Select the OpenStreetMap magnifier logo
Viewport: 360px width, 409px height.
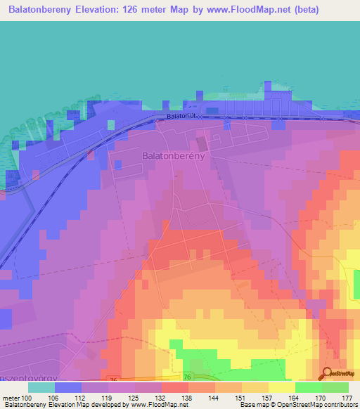[327, 375]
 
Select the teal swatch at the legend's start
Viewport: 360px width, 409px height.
[41, 387]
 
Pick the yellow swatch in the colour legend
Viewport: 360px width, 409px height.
[281, 387]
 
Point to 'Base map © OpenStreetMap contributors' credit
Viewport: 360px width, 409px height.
[298, 405]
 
